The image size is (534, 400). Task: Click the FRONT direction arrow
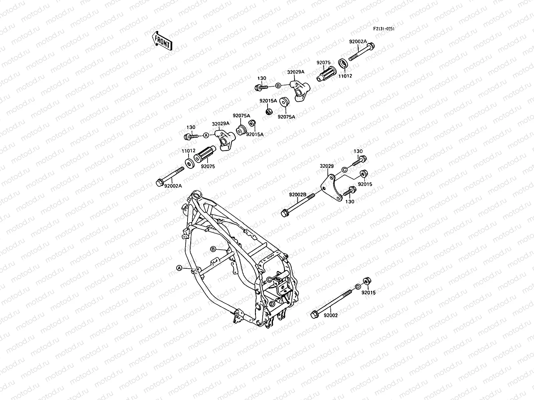point(162,41)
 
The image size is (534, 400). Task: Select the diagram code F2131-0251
point(384,29)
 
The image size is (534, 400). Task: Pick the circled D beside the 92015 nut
point(357,287)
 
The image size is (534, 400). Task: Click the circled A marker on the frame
point(179,268)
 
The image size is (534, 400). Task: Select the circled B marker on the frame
point(212,249)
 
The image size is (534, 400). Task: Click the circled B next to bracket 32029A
point(278,86)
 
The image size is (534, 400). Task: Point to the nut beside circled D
point(366,282)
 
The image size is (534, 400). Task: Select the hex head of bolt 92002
point(314,314)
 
